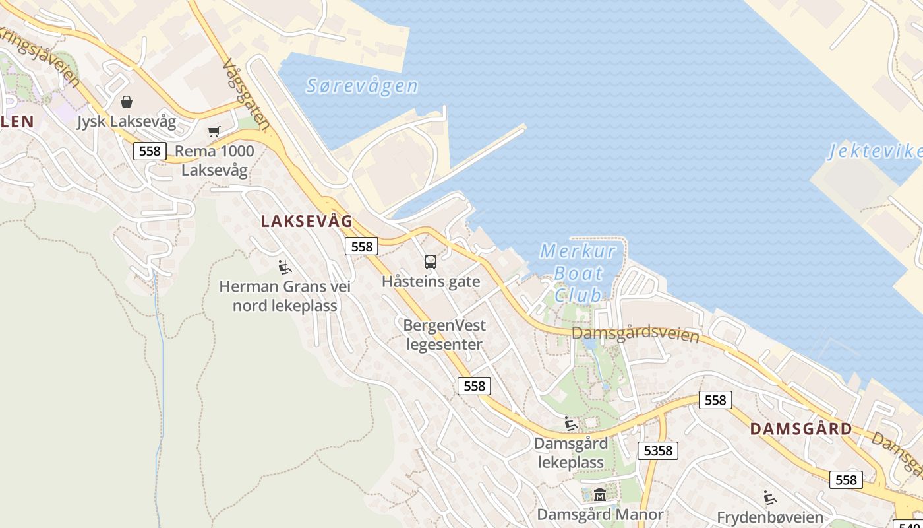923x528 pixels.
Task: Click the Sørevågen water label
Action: pos(362,86)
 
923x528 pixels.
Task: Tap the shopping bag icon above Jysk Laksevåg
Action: pos(127,102)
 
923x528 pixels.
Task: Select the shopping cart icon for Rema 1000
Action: pos(214,132)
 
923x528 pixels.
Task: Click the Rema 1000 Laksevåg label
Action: pos(214,160)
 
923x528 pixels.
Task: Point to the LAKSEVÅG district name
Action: pos(307,222)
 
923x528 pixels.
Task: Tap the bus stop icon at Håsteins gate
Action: pos(431,262)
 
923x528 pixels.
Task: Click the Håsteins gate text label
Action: pos(431,282)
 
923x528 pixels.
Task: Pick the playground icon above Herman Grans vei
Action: pos(285,267)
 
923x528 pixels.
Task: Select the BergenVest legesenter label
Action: pos(444,335)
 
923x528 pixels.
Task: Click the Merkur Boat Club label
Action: pos(578,273)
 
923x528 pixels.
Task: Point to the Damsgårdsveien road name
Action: pos(635,333)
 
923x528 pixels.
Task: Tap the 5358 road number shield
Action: pos(657,451)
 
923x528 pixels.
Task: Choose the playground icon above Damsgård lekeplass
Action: pos(570,424)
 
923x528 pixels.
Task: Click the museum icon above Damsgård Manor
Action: pos(600,494)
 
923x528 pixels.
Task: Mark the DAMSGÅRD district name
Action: pos(801,429)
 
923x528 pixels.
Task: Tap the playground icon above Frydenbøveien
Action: pos(769,498)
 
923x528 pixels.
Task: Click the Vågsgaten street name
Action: pos(247,95)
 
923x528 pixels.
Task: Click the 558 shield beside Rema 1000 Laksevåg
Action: pos(150,151)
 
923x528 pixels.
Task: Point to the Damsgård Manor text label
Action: pos(600,514)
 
